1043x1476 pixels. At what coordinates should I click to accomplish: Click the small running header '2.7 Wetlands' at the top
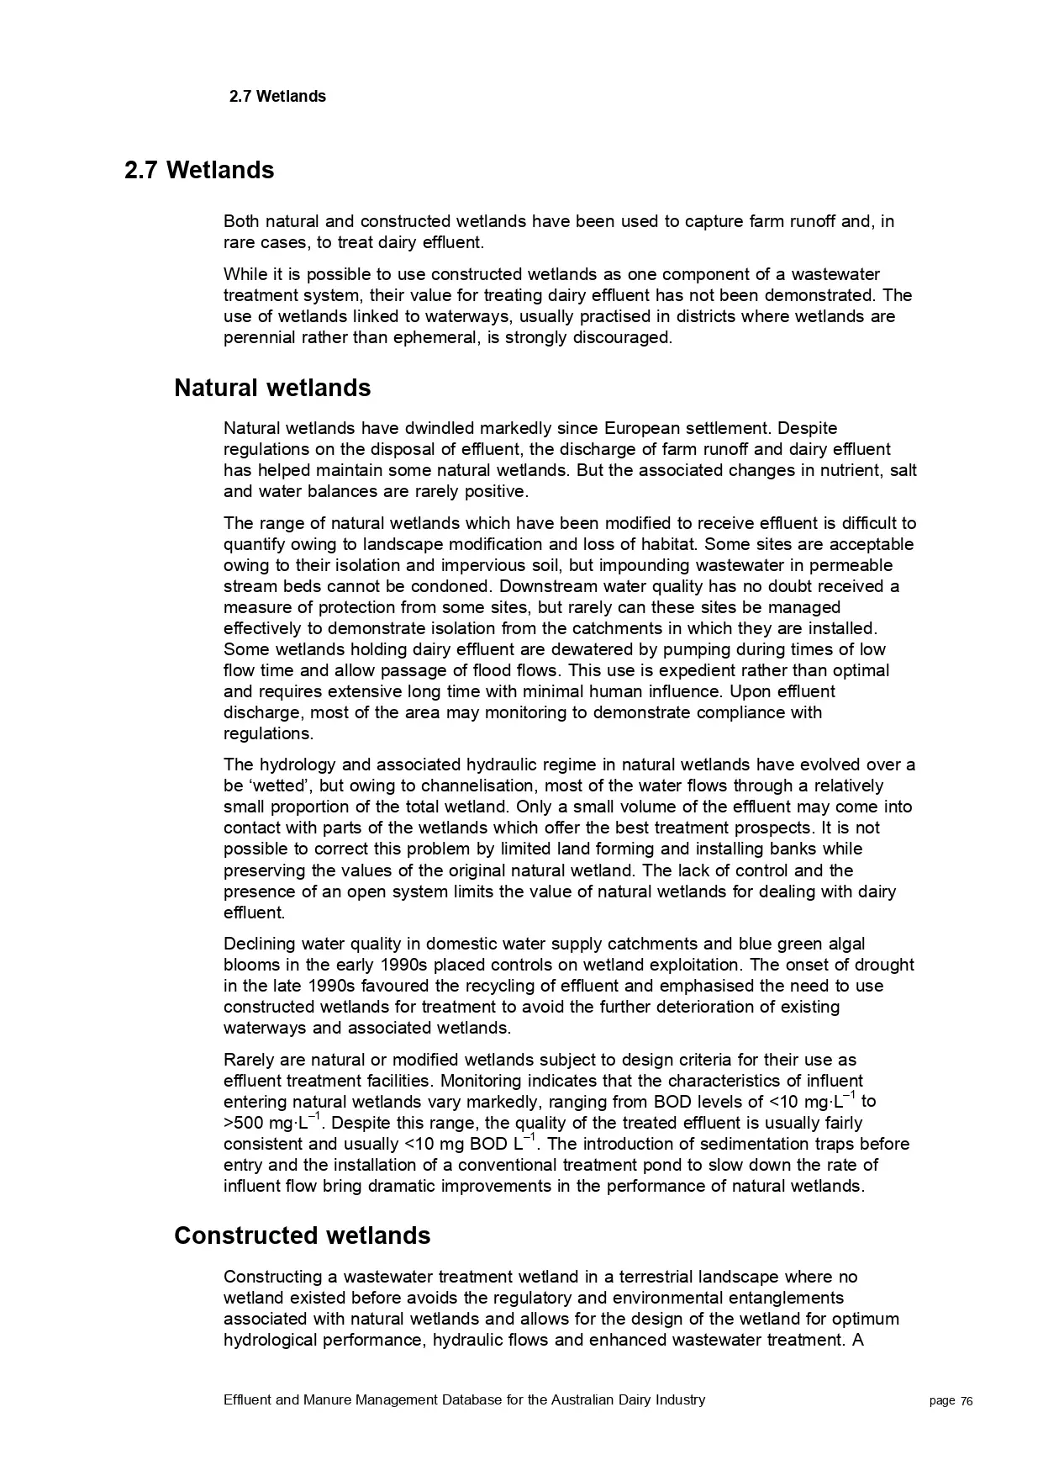click(x=277, y=97)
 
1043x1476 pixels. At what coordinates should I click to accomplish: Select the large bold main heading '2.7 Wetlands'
click(x=199, y=171)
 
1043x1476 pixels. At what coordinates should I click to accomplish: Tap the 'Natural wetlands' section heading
click(x=272, y=389)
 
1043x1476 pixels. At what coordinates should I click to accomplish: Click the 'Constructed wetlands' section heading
click(x=302, y=1235)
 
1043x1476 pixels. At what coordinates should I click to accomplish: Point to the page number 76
click(x=967, y=1401)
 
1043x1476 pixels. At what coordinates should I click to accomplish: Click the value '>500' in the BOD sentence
click(x=243, y=1124)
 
